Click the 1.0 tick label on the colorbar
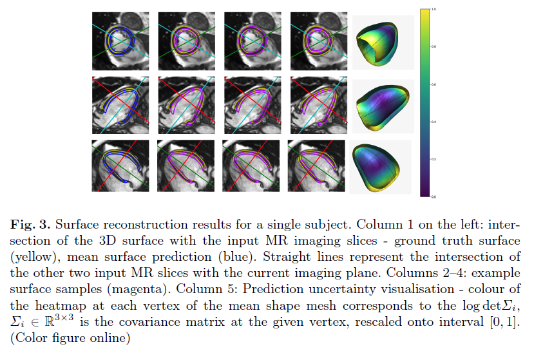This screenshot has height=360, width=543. click(x=434, y=10)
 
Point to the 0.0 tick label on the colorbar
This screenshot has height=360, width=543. click(x=434, y=196)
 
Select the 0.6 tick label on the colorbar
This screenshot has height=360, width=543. click(x=434, y=84)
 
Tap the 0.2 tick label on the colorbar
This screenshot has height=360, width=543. click(x=434, y=158)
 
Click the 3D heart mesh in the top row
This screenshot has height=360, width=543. click(x=381, y=42)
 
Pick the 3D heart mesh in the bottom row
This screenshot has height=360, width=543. click(x=380, y=166)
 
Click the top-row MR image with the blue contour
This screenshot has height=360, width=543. click(x=120, y=41)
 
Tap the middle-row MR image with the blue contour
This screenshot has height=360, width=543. click(x=120, y=103)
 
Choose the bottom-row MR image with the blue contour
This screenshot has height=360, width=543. click(x=120, y=166)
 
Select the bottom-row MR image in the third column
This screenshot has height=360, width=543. click(x=251, y=166)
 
